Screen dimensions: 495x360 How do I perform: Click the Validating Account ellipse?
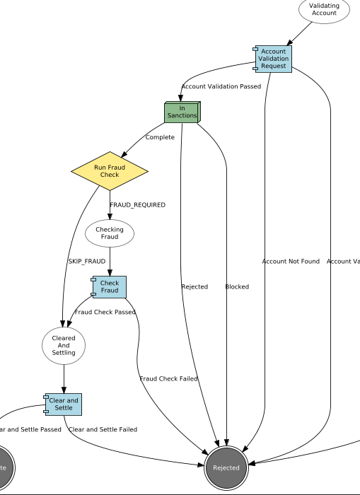click(324, 9)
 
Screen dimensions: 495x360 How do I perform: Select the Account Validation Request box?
click(273, 59)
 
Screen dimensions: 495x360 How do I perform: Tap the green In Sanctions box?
click(182, 112)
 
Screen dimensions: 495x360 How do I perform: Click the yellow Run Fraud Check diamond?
click(110, 171)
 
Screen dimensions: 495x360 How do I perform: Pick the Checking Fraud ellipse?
click(110, 233)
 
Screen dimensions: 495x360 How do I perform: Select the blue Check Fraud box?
click(110, 287)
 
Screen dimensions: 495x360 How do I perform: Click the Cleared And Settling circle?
click(64, 346)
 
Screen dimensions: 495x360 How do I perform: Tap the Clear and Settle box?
click(64, 404)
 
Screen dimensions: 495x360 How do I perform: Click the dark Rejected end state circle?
click(226, 467)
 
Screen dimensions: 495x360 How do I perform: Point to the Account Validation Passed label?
click(221, 86)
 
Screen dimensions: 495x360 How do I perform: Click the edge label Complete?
click(160, 137)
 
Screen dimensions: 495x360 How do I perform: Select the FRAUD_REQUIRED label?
click(137, 205)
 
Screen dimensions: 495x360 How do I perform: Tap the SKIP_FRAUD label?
click(86, 262)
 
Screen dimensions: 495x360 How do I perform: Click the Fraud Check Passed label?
click(105, 312)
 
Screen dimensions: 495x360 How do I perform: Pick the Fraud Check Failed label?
click(168, 379)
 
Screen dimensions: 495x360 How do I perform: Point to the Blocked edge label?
click(237, 287)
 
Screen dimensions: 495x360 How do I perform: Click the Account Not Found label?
click(291, 262)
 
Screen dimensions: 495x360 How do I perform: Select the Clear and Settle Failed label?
click(103, 429)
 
